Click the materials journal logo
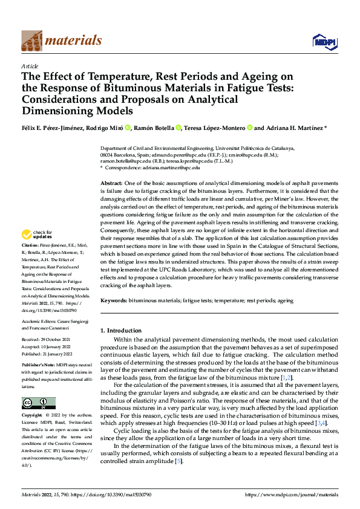click(x=61, y=40)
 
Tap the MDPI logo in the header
click(x=324, y=41)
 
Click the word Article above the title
click(x=30, y=66)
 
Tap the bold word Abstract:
click(x=111, y=183)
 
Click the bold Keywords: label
click(x=114, y=300)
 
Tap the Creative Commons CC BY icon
click(x=39, y=403)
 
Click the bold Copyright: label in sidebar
click(x=33, y=416)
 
